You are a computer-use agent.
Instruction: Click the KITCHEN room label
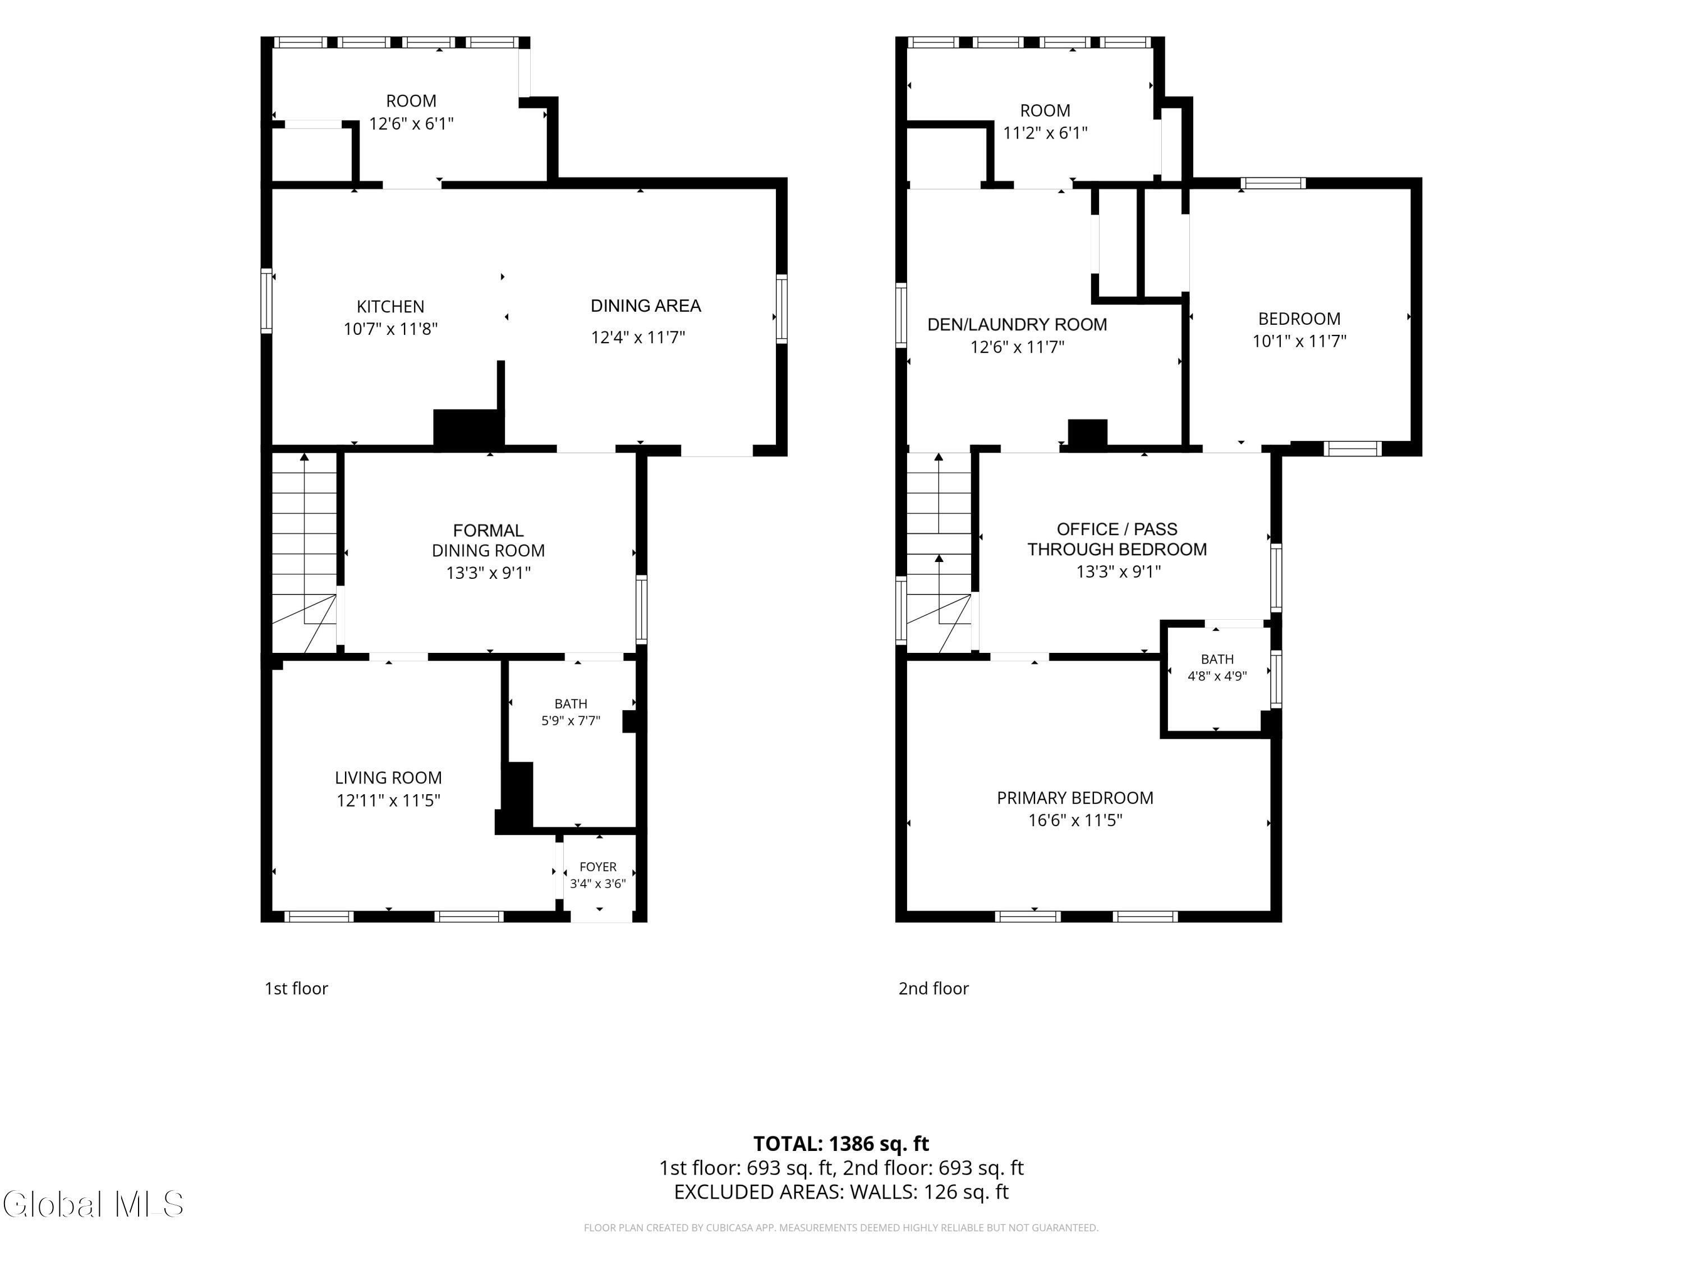390,307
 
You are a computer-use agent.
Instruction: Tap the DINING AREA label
645,306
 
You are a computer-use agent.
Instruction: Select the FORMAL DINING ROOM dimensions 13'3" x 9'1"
489,573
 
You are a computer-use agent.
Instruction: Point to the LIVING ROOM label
388,777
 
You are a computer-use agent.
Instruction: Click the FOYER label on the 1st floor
598,867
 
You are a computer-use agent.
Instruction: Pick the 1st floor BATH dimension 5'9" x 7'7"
571,720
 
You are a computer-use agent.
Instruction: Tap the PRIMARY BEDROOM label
1075,798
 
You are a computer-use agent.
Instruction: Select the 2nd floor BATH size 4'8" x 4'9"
1217,675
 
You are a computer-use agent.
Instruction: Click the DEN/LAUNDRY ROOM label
1017,325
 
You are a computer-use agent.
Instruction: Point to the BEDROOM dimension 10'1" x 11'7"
1299,341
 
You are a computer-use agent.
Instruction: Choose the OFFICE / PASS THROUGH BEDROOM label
1117,540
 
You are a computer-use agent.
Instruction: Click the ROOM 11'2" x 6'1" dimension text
1045,133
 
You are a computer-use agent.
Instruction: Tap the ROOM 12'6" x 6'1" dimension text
412,123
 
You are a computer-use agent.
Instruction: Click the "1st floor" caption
296,988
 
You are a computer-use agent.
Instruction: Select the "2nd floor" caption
934,988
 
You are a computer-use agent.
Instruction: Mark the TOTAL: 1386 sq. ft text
841,1143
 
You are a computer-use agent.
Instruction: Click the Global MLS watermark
93,1204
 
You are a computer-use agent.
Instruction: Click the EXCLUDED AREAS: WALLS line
841,1191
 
